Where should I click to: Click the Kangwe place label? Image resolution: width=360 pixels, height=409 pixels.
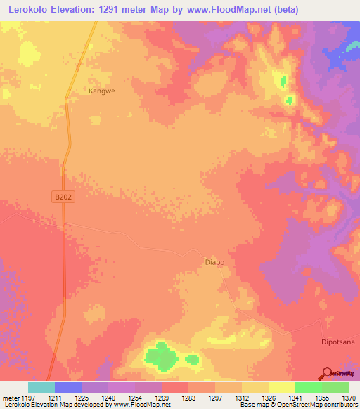(x=101, y=91)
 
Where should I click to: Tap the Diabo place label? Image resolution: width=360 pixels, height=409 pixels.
(x=214, y=262)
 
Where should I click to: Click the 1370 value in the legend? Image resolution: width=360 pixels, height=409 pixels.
(x=349, y=397)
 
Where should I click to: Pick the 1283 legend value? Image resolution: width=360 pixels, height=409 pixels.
(x=189, y=397)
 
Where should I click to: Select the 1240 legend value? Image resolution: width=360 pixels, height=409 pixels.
(x=109, y=397)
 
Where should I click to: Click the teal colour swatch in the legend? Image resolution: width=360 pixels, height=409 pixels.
(x=41, y=387)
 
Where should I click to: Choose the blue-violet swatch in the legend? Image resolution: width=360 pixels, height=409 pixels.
(x=67, y=387)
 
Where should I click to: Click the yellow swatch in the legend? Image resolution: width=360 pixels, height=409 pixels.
(x=281, y=387)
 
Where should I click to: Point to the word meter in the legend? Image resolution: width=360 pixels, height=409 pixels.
(x=10, y=397)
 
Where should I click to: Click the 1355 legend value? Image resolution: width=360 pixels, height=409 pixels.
(x=322, y=397)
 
